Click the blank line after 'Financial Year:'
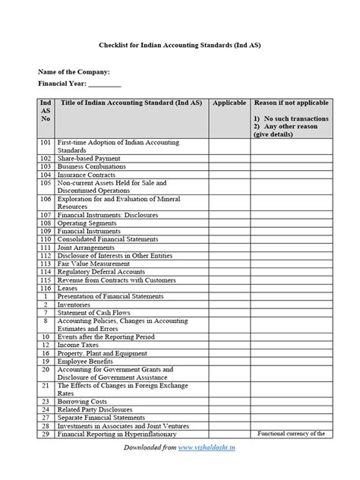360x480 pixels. tap(106, 84)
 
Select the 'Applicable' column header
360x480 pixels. tap(229, 102)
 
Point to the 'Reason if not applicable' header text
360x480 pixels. tap(291, 102)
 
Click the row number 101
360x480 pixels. tap(45, 142)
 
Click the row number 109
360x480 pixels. tap(45, 232)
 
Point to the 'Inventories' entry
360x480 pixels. tap(74, 305)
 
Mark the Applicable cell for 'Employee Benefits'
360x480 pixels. tap(229, 361)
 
